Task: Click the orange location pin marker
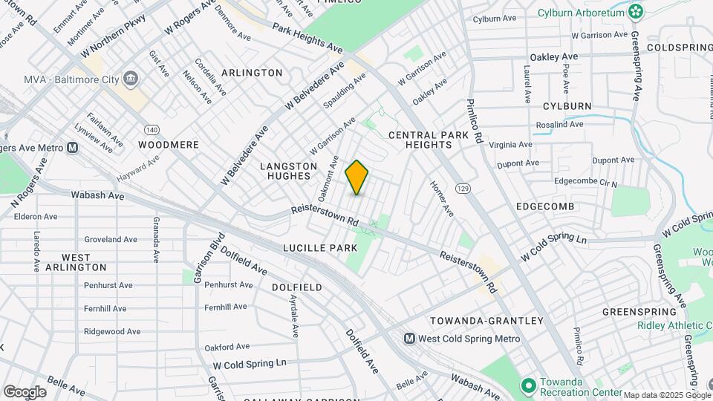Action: pos(357,177)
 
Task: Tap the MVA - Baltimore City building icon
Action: pos(131,79)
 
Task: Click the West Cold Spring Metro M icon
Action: pos(409,339)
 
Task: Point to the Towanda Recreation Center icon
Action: pos(528,385)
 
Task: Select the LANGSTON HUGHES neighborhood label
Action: pos(288,171)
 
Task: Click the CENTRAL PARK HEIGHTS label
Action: pos(429,140)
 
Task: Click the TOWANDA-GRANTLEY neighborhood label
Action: pos(486,321)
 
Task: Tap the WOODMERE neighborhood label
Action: pos(169,145)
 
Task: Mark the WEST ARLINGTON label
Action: pos(76,261)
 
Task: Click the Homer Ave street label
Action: pos(442,199)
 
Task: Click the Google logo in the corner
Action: pos(25,391)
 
